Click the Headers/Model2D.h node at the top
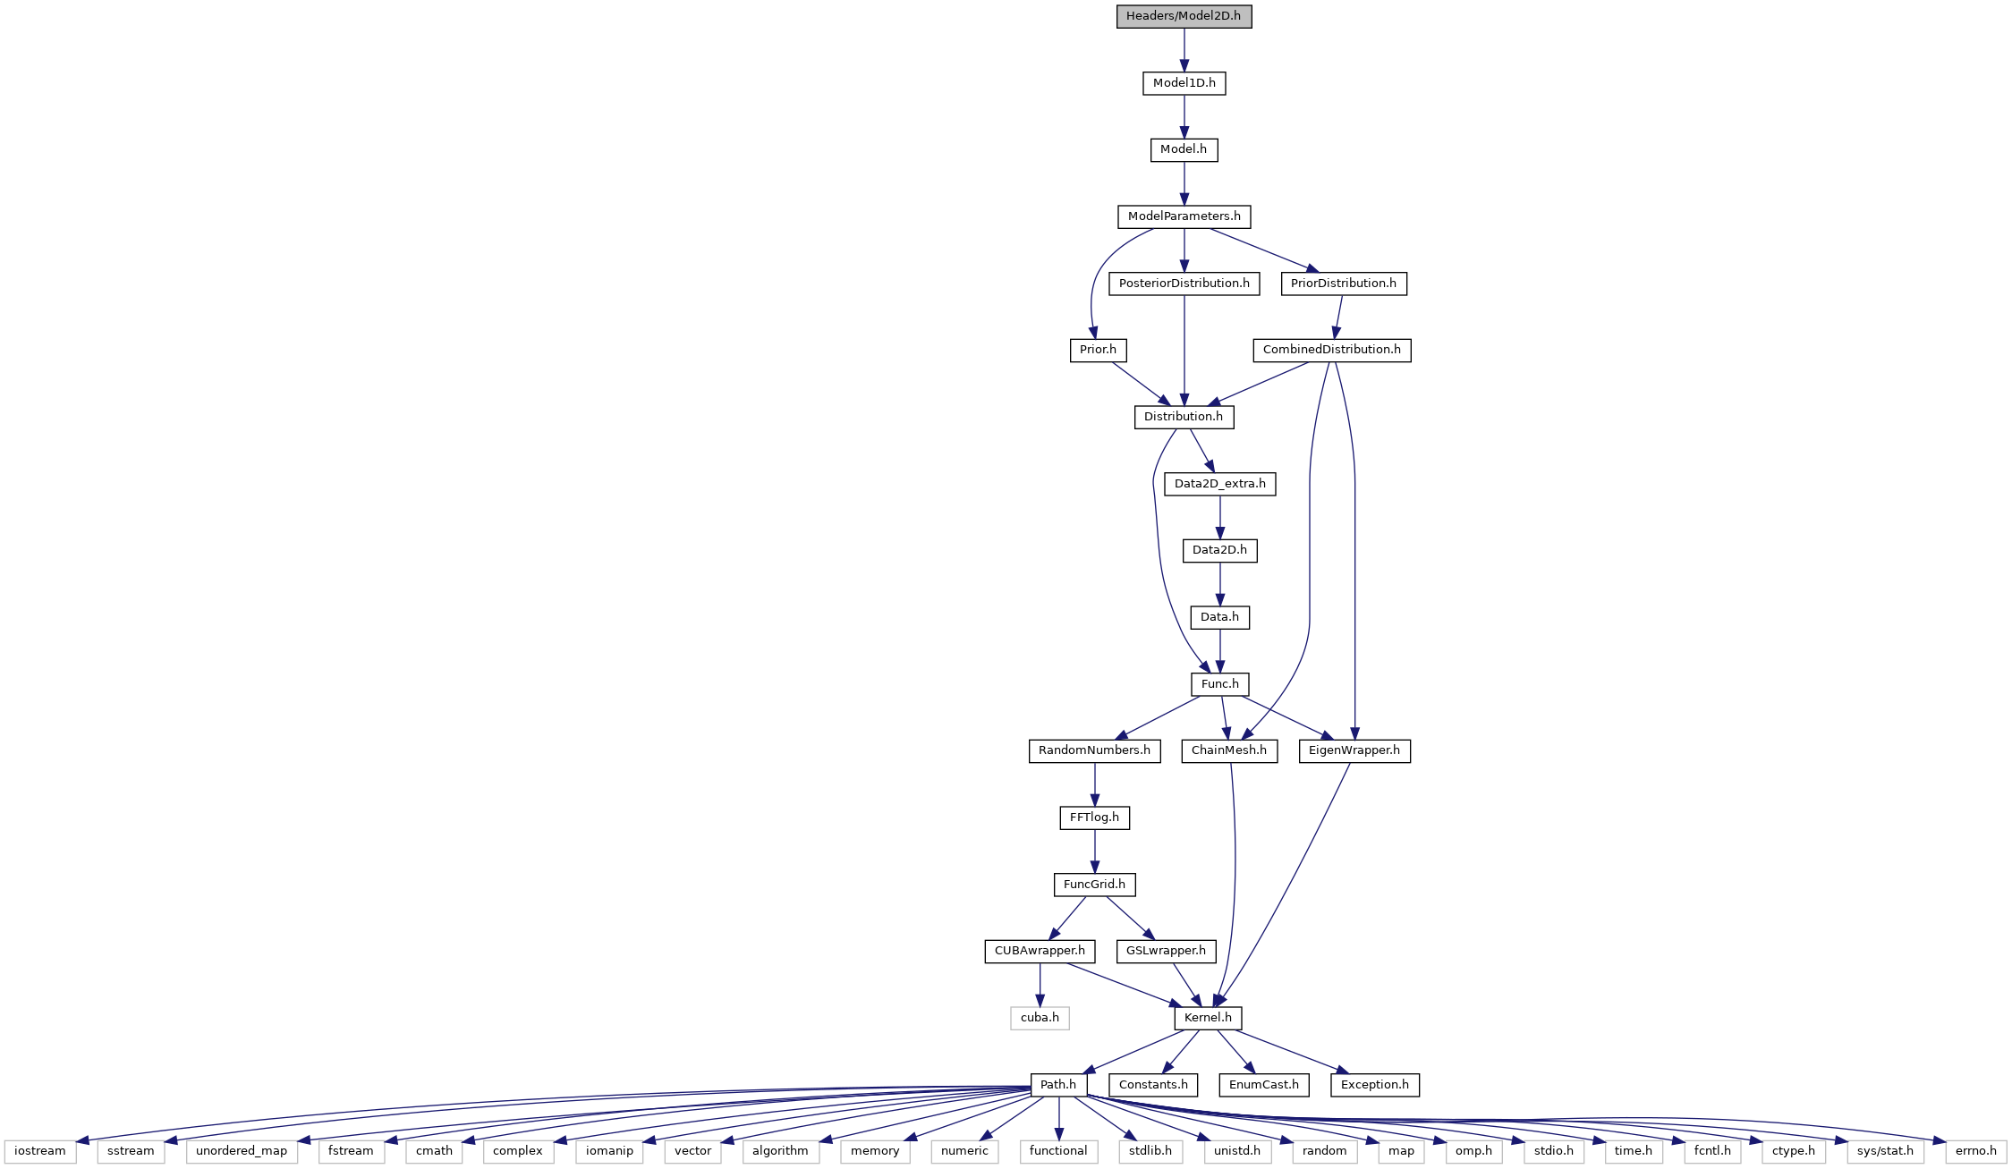pyautogui.click(x=1184, y=16)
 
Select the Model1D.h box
pyautogui.click(x=1184, y=83)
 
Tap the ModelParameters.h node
pyautogui.click(x=1184, y=216)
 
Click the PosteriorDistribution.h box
pyautogui.click(x=1184, y=284)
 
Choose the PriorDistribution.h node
pyautogui.click(x=1343, y=284)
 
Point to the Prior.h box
pyautogui.click(x=1098, y=350)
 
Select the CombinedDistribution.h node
pyautogui.click(x=1331, y=350)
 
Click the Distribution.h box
pyautogui.click(x=1184, y=417)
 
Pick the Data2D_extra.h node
pyautogui.click(x=1220, y=484)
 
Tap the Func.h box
pyautogui.click(x=1220, y=684)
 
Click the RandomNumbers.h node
pyautogui.click(x=1094, y=750)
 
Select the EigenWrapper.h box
pyautogui.click(x=1354, y=750)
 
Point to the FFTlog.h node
pyautogui.click(x=1094, y=817)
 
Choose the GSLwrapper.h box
pyautogui.click(x=1166, y=951)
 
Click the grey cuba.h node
pyautogui.click(x=1040, y=1018)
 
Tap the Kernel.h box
pyautogui.click(x=1208, y=1018)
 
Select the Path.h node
pyautogui.click(x=1058, y=1085)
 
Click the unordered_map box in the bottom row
pyautogui.click(x=242, y=1151)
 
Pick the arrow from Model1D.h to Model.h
pyautogui.click(x=1184, y=116)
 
